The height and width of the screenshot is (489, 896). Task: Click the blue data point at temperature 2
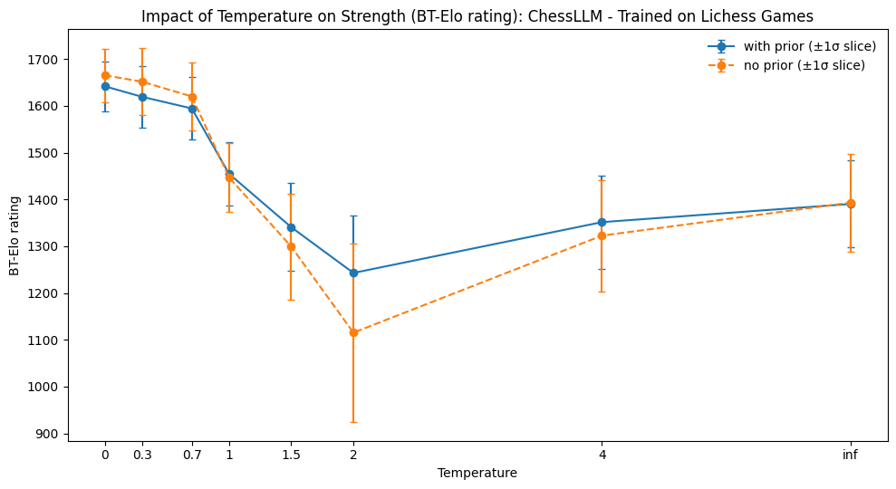point(353,273)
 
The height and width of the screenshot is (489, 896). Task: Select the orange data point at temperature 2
point(353,332)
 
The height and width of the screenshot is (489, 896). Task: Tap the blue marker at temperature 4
point(602,222)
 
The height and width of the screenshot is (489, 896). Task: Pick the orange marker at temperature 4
point(602,235)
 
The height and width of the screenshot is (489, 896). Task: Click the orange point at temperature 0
point(105,75)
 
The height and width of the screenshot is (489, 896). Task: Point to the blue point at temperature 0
point(105,86)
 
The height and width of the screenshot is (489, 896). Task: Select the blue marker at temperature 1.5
point(291,227)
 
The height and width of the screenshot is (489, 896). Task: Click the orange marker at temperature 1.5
point(291,246)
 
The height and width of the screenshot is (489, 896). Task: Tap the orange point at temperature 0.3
point(142,81)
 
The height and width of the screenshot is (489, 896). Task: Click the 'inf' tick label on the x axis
point(850,455)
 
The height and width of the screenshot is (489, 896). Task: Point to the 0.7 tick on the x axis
point(192,455)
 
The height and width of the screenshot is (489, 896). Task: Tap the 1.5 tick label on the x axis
point(291,455)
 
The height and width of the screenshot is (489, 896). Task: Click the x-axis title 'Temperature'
point(477,473)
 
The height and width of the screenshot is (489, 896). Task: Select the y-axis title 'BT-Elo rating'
point(14,235)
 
